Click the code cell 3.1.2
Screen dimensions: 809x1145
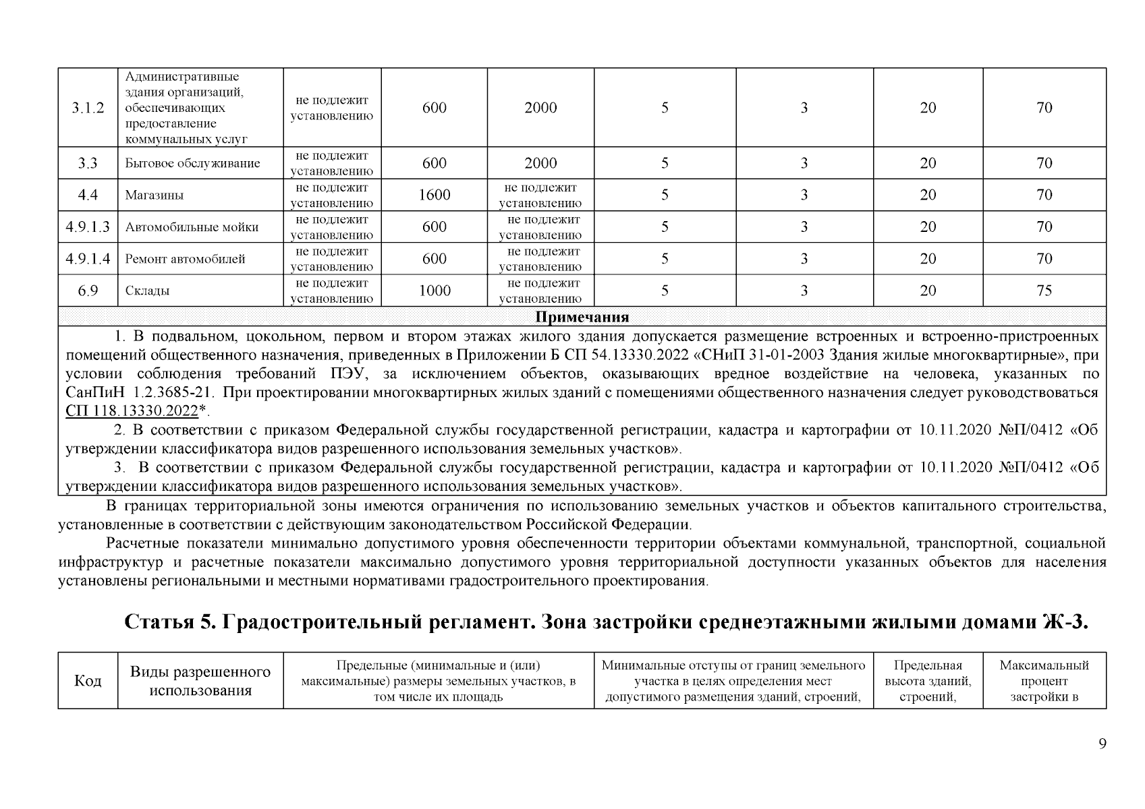click(x=88, y=108)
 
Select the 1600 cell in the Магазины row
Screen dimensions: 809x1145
click(x=434, y=195)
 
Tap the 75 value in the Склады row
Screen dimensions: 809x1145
click(x=1044, y=291)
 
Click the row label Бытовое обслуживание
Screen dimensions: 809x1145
click(x=192, y=163)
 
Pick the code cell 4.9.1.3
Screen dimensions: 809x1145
click(x=88, y=227)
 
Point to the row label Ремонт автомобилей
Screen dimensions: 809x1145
click(x=185, y=259)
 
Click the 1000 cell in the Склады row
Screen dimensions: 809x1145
click(x=434, y=291)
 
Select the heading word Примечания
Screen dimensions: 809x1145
click(x=582, y=318)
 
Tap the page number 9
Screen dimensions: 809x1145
click(x=1102, y=744)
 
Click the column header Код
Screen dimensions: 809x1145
click(x=88, y=681)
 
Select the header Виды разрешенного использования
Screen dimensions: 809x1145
click(x=200, y=681)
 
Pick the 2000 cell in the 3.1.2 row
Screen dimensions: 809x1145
click(x=540, y=108)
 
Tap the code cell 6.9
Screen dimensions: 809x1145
click(x=88, y=291)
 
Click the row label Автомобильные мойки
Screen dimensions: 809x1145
click(x=192, y=227)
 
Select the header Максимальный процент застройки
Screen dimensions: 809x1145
click(x=1044, y=681)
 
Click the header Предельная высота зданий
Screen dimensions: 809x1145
click(x=928, y=681)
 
